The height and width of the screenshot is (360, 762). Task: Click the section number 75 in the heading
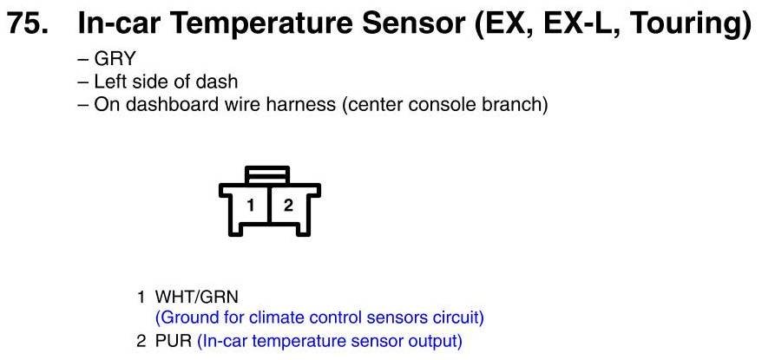tap(27, 23)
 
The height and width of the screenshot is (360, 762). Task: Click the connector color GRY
tap(115, 59)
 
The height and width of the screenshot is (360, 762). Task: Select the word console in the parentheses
tap(440, 104)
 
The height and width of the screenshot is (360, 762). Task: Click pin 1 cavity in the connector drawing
tap(250, 206)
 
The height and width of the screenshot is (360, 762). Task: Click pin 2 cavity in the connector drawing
tap(288, 206)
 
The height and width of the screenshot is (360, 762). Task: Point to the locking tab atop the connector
tap(268, 174)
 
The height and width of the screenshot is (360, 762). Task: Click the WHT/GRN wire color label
tap(197, 297)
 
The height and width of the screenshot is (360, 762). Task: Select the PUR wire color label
tap(174, 341)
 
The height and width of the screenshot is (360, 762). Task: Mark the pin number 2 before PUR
tap(141, 341)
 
